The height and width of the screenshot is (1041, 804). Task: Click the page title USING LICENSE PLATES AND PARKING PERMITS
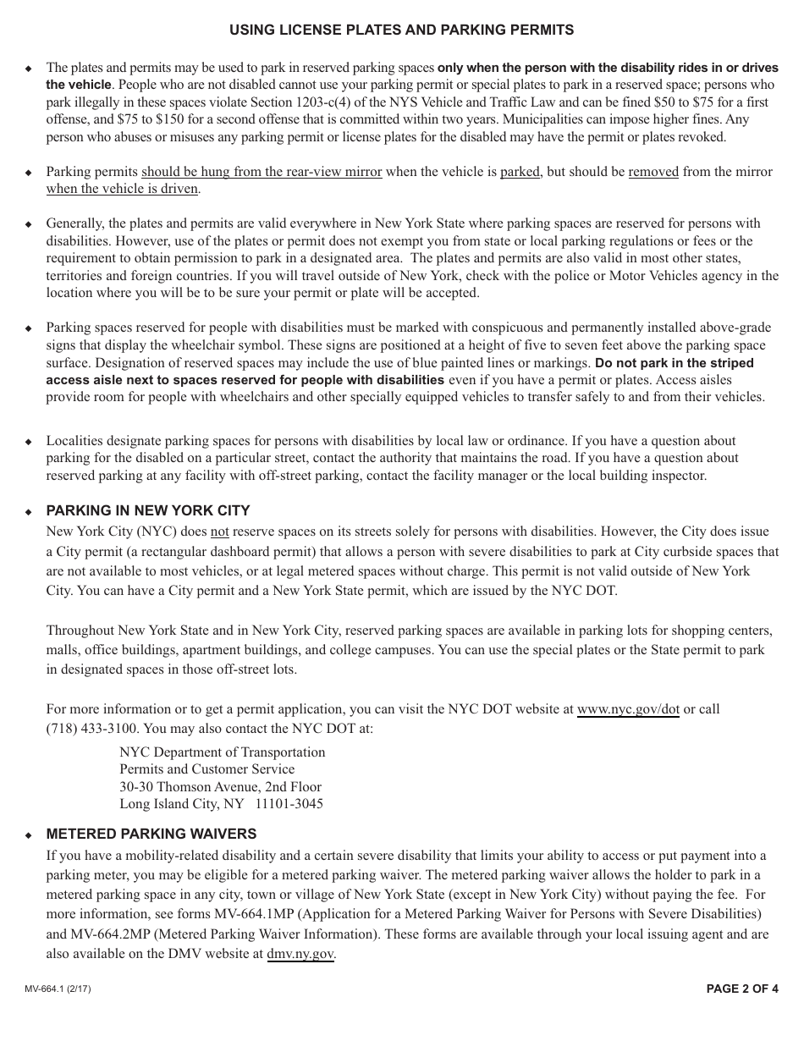point(401,30)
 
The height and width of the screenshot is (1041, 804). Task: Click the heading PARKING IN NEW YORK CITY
point(148,510)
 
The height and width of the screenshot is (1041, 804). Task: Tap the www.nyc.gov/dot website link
point(628,709)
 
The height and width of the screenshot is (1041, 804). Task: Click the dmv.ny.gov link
point(300,954)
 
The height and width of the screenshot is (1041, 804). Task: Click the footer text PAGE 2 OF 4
point(742,989)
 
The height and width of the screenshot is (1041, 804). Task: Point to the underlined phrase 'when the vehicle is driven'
point(122,189)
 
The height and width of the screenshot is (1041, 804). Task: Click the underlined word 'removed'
point(653,172)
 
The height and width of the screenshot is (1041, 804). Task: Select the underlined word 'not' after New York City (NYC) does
point(219,532)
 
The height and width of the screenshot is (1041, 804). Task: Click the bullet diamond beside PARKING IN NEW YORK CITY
point(28,512)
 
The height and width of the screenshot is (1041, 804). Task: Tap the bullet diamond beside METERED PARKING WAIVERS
point(28,835)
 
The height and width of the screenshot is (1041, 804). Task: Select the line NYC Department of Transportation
point(222,752)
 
